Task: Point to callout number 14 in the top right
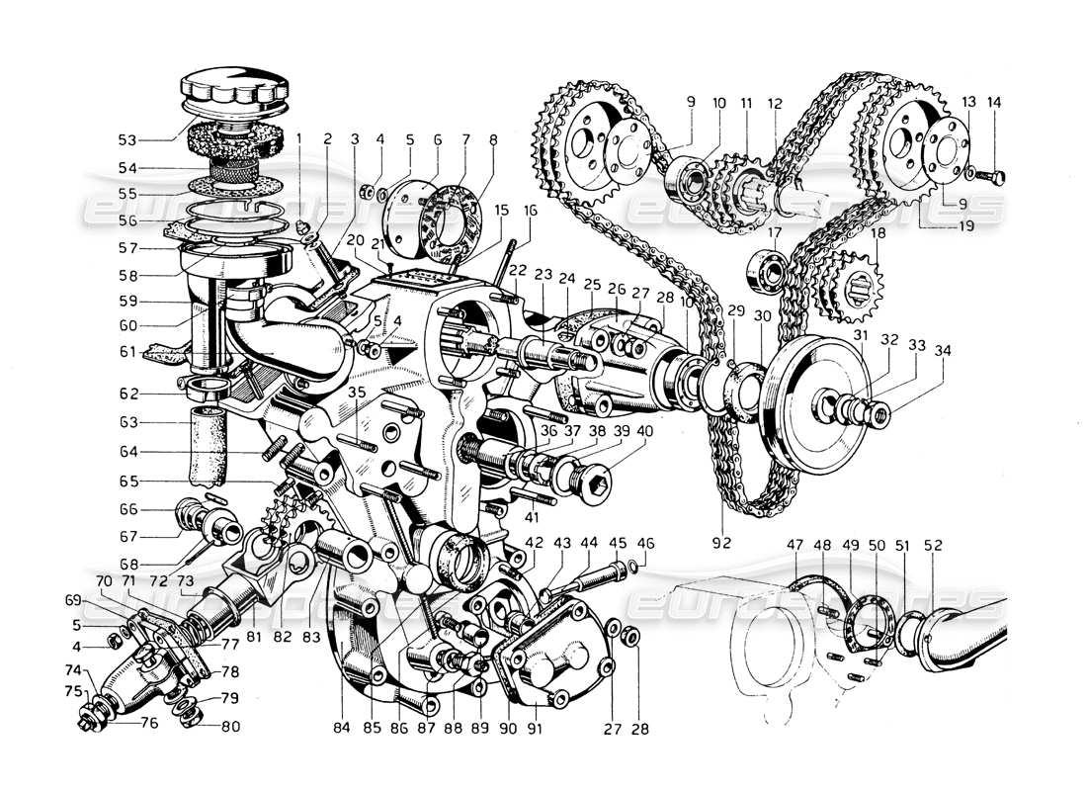point(993,102)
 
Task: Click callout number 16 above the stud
point(531,211)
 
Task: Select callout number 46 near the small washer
point(646,543)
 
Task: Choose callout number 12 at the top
point(774,103)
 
